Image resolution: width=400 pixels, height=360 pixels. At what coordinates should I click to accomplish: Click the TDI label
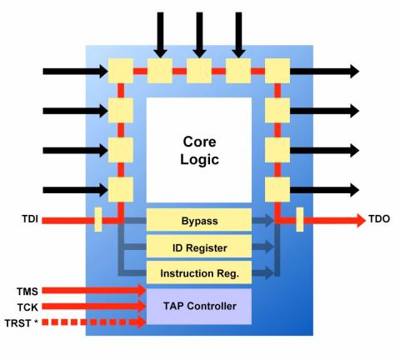click(30, 219)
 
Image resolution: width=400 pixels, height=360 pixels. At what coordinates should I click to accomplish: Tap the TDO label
click(379, 219)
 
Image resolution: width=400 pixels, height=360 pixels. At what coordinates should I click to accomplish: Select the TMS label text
click(27, 292)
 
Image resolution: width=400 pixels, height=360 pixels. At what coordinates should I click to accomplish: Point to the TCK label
click(27, 307)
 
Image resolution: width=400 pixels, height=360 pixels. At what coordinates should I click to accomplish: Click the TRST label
click(21, 323)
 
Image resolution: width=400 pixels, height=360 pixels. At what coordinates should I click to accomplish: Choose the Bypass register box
click(199, 220)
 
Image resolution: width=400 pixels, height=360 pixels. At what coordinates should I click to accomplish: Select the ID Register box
click(199, 247)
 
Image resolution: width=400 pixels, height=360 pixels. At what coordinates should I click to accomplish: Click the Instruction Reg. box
click(199, 272)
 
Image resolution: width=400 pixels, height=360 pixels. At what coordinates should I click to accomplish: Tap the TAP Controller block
click(199, 307)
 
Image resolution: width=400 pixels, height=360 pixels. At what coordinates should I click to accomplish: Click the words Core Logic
click(199, 151)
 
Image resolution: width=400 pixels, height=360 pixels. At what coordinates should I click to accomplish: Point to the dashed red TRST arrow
click(94, 322)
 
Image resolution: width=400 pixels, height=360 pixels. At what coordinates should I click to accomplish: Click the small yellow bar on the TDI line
click(98, 219)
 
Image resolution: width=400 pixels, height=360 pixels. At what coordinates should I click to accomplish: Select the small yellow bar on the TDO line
click(300, 219)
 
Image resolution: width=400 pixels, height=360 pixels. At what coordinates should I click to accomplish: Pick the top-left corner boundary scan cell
click(121, 71)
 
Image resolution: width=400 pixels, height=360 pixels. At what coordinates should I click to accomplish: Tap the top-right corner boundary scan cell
click(277, 71)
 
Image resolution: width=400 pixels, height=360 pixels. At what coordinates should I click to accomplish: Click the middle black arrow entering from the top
click(199, 35)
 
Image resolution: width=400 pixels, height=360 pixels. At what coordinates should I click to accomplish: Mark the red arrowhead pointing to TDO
click(361, 220)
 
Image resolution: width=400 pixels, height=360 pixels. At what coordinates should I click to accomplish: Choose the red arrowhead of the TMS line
click(142, 290)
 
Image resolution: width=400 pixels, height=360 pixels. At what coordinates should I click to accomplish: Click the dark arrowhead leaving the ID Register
click(268, 247)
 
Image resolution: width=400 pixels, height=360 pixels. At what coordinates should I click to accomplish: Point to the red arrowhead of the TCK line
click(142, 306)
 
